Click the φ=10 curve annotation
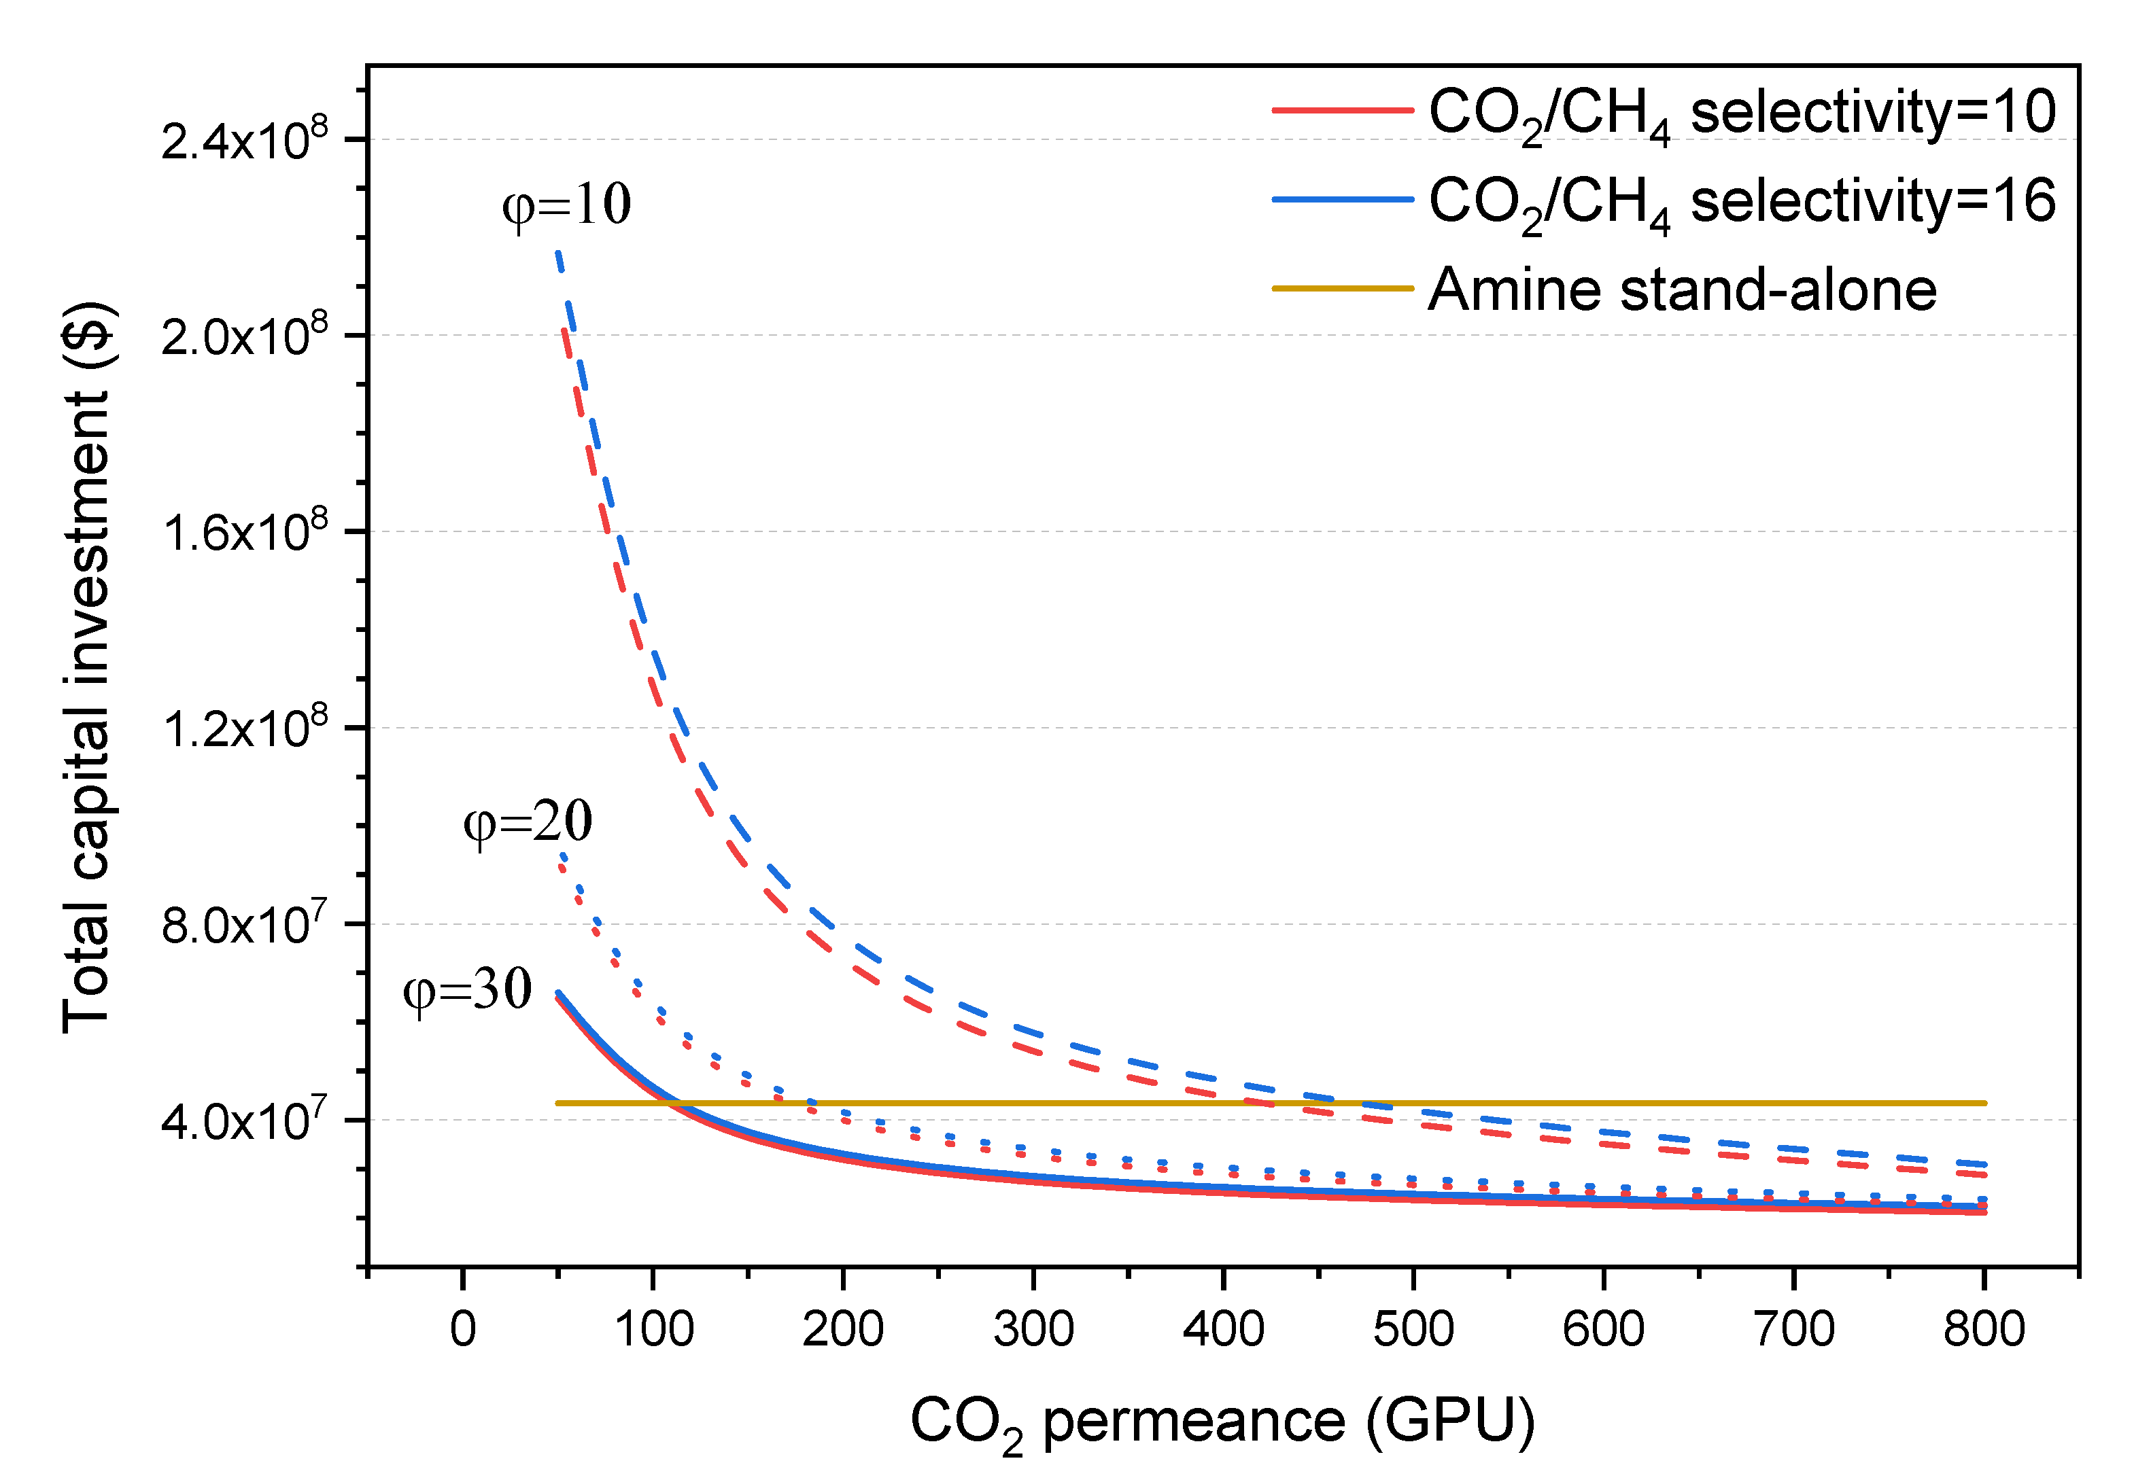click(566, 205)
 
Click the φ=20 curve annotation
click(527, 822)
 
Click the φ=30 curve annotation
click(466, 989)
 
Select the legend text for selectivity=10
click(1741, 114)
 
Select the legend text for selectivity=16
click(1741, 203)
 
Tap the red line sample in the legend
click(1341, 110)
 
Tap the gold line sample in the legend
click(1341, 288)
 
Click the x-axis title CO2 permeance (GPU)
click(1222, 1422)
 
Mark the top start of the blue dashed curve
click(558, 252)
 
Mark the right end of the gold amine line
click(1984, 1104)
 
